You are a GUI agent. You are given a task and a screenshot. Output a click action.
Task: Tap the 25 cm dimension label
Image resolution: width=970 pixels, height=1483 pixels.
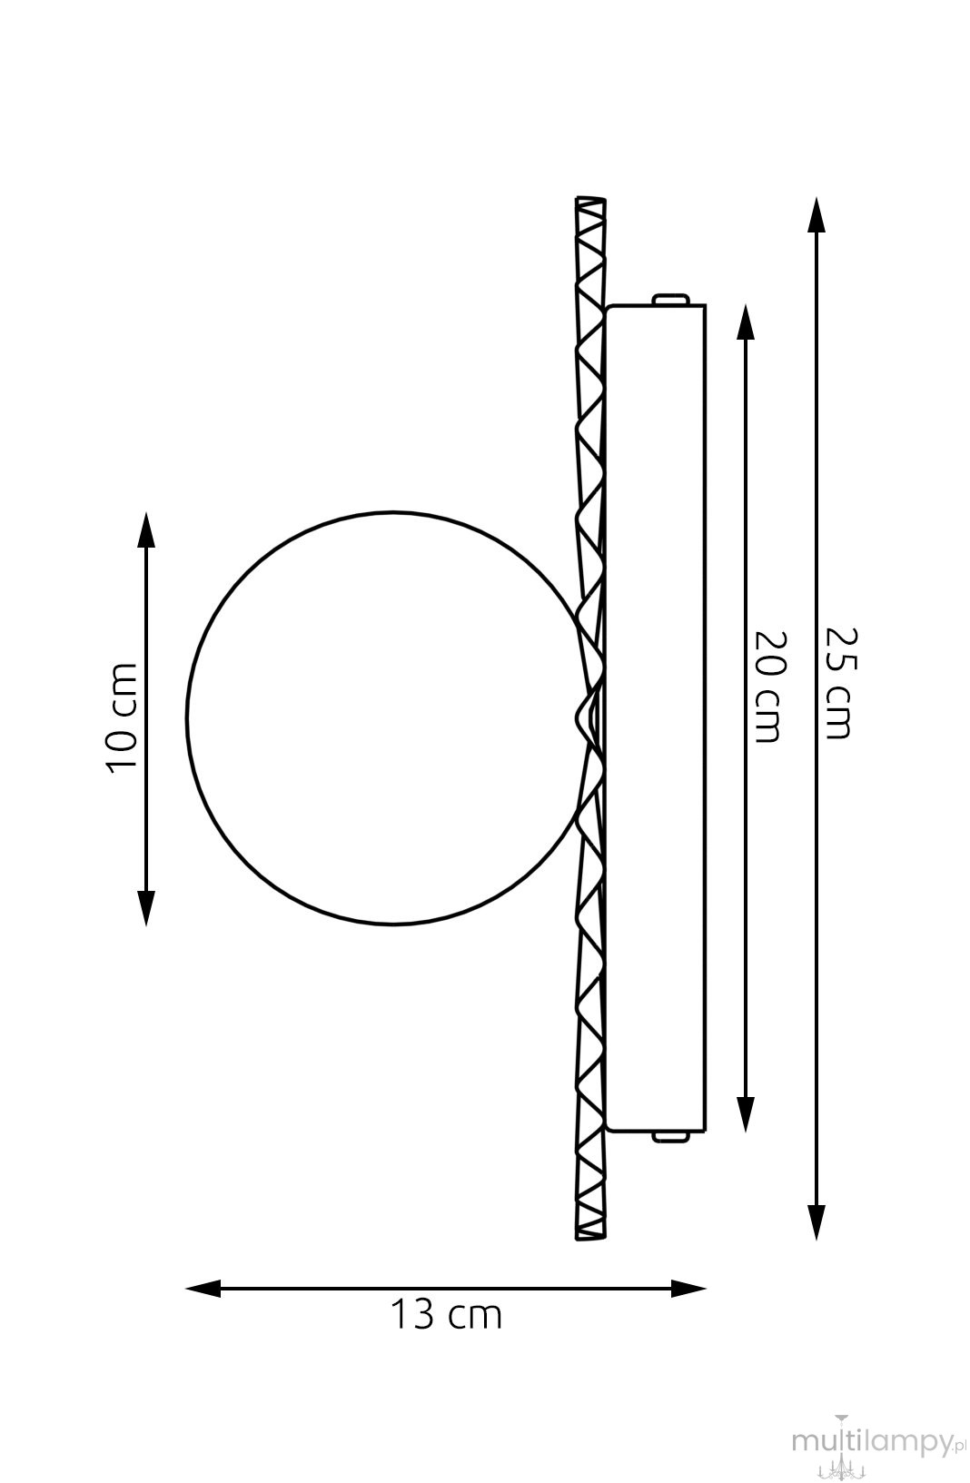[842, 683]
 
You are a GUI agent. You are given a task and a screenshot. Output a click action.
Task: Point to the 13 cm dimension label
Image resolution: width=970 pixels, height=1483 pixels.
[446, 1315]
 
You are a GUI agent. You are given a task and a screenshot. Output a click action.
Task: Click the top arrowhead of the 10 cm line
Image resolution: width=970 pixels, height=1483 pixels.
[145, 530]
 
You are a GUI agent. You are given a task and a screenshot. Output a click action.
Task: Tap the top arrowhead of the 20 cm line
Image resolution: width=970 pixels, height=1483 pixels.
[746, 323]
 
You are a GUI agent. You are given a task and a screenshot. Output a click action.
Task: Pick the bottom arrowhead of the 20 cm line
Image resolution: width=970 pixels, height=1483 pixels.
[746, 1113]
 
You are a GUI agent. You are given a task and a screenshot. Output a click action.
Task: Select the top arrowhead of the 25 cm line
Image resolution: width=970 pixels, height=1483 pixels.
[817, 215]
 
